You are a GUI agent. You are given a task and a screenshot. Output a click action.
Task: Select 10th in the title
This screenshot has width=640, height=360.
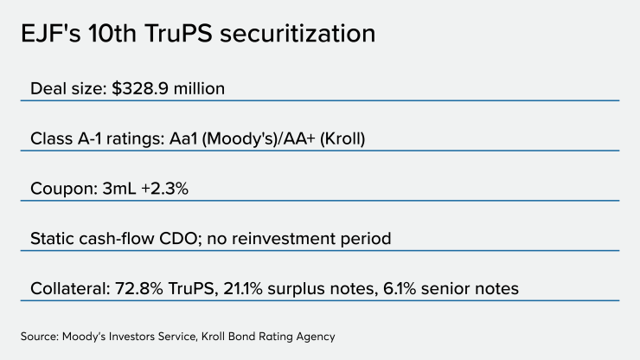[116, 34]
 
